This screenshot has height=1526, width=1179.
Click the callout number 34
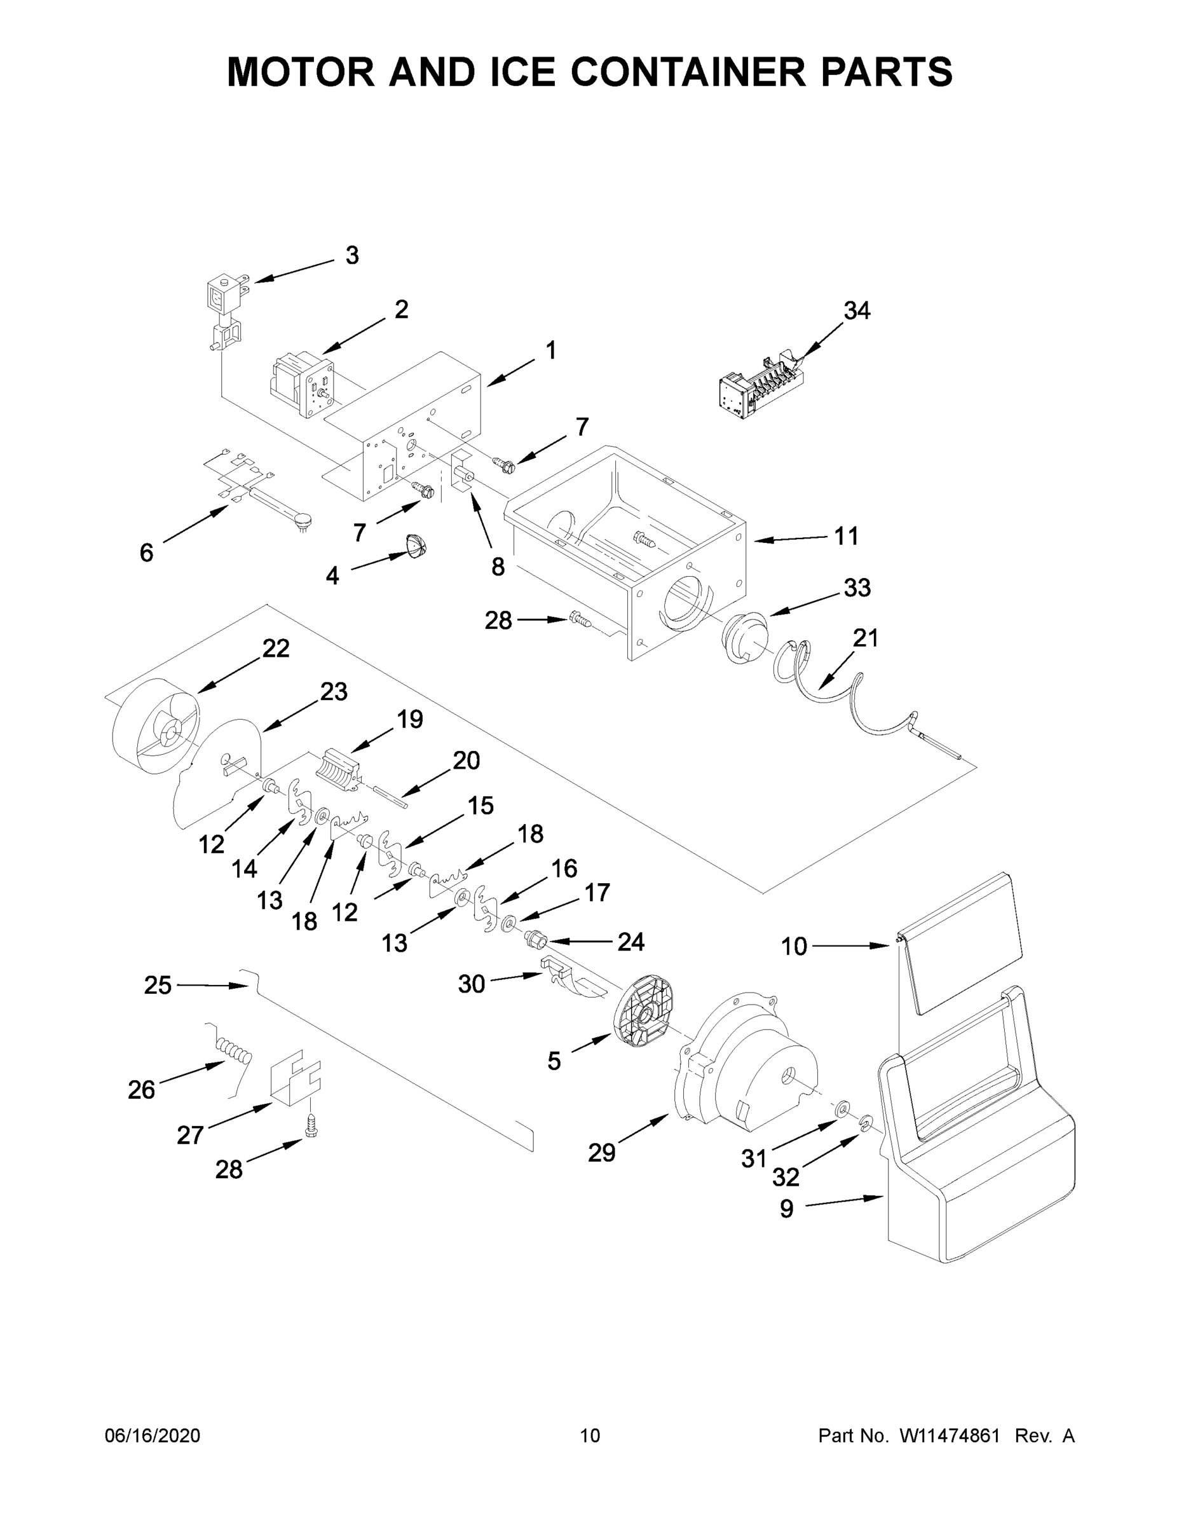point(856,311)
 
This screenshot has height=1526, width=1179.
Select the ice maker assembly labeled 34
point(763,388)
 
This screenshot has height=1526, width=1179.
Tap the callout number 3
point(352,256)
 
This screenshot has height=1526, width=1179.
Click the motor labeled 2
point(303,386)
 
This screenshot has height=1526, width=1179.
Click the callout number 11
point(847,536)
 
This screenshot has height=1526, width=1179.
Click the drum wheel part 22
point(155,727)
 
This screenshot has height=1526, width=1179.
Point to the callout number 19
point(410,719)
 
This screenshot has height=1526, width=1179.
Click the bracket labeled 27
point(295,1080)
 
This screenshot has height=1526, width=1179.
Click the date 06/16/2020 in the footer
point(153,1436)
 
